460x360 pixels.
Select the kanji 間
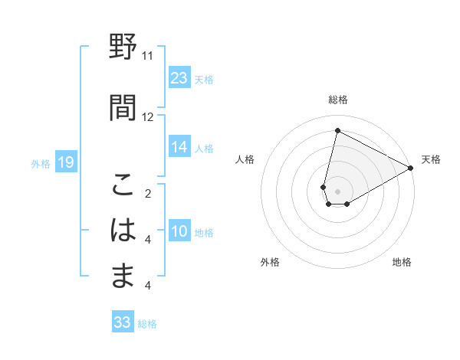tap(123, 106)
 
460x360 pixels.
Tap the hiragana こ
tap(123, 185)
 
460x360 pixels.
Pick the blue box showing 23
tap(179, 78)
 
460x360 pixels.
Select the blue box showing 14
tap(179, 148)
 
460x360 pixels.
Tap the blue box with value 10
tap(179, 232)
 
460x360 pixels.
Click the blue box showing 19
tap(65, 162)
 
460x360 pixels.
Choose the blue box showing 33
tap(123, 322)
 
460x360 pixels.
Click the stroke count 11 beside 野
tap(147, 56)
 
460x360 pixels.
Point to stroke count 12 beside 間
tap(147, 116)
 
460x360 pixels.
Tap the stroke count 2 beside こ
tap(147, 193)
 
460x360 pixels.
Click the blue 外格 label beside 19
tap(40, 163)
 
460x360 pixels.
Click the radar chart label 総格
tap(338, 100)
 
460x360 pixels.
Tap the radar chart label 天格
tap(431, 159)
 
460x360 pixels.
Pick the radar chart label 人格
tap(245, 159)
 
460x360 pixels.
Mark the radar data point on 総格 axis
tap(337, 131)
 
